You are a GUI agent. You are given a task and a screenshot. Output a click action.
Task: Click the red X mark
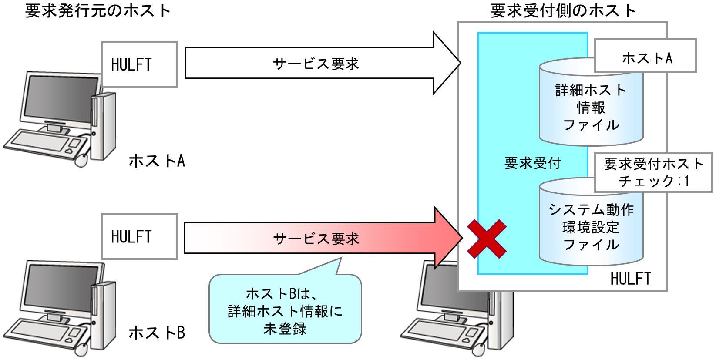click(x=487, y=239)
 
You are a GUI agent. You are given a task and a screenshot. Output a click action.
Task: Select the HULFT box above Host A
click(x=139, y=64)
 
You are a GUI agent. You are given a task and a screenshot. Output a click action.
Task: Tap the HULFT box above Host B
click(x=139, y=236)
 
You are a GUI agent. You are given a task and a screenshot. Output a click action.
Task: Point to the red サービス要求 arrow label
click(x=316, y=239)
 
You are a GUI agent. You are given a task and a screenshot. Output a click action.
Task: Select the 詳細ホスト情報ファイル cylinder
click(x=591, y=109)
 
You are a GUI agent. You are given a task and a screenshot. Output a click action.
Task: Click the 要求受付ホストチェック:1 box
click(x=653, y=172)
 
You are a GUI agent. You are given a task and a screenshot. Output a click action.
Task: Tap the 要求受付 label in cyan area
click(x=532, y=163)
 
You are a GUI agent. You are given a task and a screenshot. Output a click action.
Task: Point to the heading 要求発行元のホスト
click(x=98, y=10)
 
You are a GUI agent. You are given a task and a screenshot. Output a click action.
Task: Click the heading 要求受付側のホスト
click(x=563, y=10)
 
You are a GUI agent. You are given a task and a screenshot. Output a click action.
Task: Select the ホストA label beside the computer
click(x=157, y=161)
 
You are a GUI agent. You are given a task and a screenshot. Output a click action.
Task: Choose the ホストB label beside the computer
click(x=157, y=333)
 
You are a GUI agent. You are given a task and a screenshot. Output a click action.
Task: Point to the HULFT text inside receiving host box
click(x=630, y=278)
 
